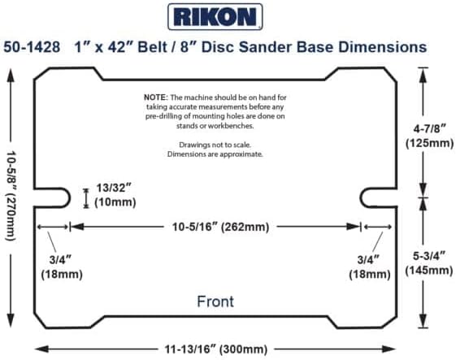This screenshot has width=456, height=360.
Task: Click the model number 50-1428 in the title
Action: (x=34, y=48)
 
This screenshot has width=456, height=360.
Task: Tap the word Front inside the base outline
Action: (x=215, y=301)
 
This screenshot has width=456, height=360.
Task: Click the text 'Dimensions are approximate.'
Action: (x=215, y=154)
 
